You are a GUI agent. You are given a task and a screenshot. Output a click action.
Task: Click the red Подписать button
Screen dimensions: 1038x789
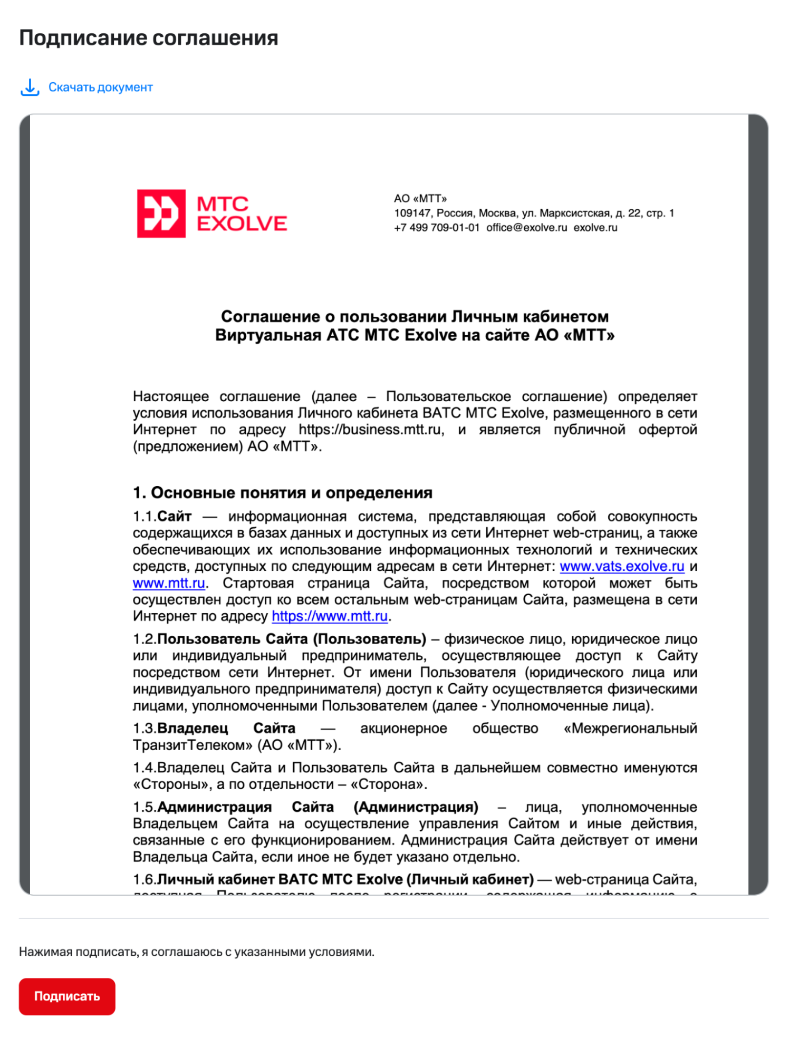[67, 996]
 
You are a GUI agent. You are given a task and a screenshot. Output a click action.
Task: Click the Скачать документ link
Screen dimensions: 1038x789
[100, 88]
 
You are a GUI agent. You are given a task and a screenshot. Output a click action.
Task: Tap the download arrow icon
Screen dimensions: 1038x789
[30, 88]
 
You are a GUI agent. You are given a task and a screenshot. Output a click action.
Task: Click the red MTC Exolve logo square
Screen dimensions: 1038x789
[161, 214]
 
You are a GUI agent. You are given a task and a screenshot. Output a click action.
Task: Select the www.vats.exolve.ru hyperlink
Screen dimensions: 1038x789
[621, 566]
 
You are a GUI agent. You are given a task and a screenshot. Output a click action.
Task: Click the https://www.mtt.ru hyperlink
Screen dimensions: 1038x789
[330, 616]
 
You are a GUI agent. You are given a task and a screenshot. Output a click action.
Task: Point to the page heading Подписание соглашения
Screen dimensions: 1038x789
[149, 38]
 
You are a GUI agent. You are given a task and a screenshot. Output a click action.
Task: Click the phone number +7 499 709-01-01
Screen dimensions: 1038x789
[436, 228]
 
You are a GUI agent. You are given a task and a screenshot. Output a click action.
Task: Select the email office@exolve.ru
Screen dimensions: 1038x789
[526, 228]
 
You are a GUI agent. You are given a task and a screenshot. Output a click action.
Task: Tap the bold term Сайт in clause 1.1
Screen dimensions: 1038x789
[174, 517]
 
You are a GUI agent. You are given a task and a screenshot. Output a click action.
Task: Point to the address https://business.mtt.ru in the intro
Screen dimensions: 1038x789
[371, 430]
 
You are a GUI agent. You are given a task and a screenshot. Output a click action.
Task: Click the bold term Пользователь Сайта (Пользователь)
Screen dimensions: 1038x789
[292, 639]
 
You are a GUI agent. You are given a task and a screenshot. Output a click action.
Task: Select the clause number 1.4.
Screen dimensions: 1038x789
[144, 768]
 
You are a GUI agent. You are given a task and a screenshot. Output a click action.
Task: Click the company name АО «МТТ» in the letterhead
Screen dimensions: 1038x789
[420, 199]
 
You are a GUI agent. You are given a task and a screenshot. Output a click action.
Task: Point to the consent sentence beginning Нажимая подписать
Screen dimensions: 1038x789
[196, 952]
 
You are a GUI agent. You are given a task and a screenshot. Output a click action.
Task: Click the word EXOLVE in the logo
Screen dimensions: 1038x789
[242, 224]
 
